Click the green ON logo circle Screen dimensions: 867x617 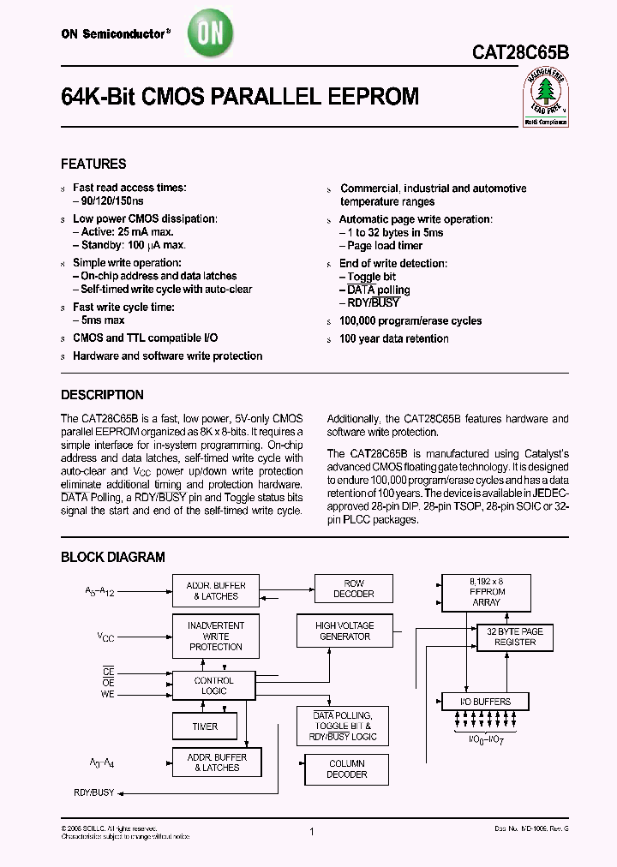point(210,35)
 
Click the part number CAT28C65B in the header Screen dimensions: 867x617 point(520,52)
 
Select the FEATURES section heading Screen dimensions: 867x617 point(93,164)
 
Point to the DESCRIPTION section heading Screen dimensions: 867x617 point(102,395)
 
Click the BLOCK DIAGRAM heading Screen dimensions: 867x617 point(112,557)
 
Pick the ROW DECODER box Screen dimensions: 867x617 point(354,589)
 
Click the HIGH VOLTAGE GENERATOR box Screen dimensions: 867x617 point(343,631)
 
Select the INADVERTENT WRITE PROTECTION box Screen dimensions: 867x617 point(215,637)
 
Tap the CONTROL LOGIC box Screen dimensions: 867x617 point(213,685)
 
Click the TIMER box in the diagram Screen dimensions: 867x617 point(205,726)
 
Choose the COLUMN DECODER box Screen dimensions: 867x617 point(347,768)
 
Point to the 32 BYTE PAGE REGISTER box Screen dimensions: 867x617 point(515,637)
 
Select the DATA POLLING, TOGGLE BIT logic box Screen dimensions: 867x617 point(342,726)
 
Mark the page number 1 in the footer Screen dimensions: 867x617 point(312,832)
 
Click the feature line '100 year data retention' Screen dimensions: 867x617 point(393,338)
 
